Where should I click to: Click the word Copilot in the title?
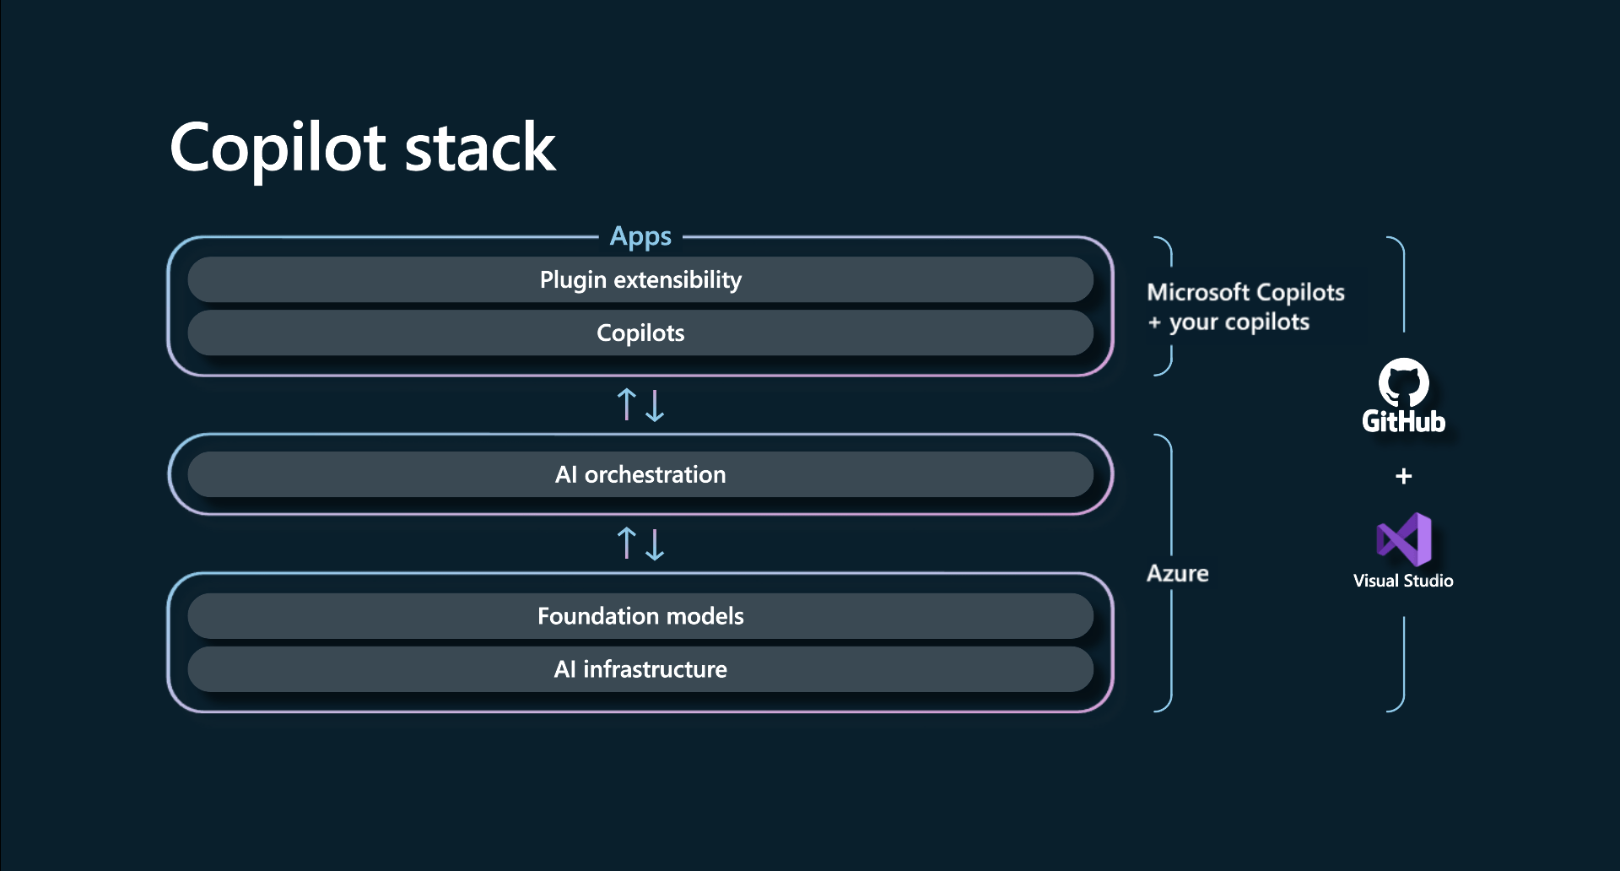pyautogui.click(x=278, y=149)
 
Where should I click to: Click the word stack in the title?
pyautogui.click(x=480, y=149)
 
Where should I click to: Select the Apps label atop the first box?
pyautogui.click(x=640, y=236)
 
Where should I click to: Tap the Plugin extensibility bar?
pyautogui.click(x=640, y=279)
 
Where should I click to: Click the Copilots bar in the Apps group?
pyautogui.click(x=640, y=333)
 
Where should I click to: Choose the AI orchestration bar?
pyautogui.click(x=640, y=474)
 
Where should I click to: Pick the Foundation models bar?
pyautogui.click(x=640, y=616)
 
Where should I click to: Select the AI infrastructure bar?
pyautogui.click(x=640, y=669)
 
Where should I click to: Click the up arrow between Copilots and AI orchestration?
pyautogui.click(x=626, y=404)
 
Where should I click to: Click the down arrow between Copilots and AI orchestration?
pyautogui.click(x=655, y=405)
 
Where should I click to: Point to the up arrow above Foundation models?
pyautogui.click(x=626, y=544)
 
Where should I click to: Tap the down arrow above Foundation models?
pyautogui.click(x=655, y=544)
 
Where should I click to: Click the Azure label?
pyautogui.click(x=1177, y=574)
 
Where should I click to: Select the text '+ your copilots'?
pyautogui.click(x=1228, y=322)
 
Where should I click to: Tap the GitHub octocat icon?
pyautogui.click(x=1403, y=382)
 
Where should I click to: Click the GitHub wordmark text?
pyautogui.click(x=1403, y=421)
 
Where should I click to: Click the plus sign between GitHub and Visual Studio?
pyautogui.click(x=1403, y=476)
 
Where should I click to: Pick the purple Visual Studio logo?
pyautogui.click(x=1404, y=539)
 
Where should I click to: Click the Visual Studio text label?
pyautogui.click(x=1403, y=581)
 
